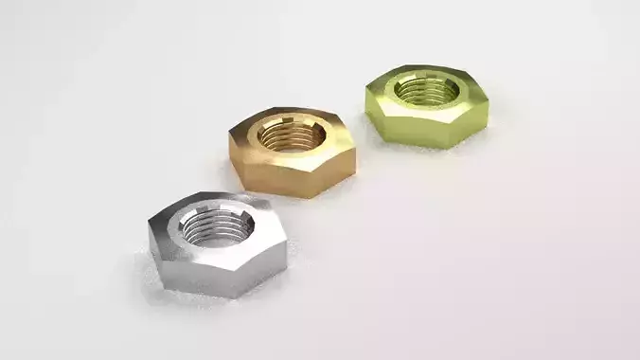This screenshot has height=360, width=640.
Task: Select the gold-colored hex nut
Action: pos(293,151)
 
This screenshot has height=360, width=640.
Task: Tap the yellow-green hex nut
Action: pos(427,103)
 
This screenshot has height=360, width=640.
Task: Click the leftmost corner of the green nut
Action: pos(365,90)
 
